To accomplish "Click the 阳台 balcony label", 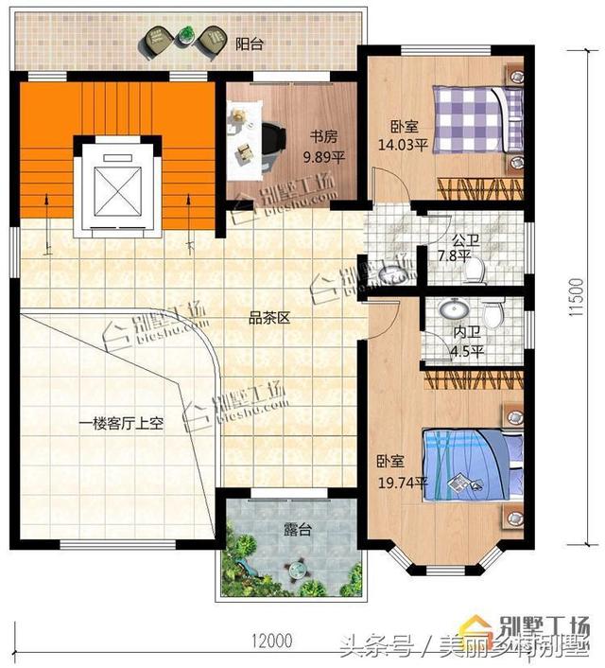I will click(x=249, y=43).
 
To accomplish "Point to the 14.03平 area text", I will click(x=403, y=145).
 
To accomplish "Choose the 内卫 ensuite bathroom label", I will click(x=465, y=333).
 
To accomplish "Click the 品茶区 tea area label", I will click(x=269, y=318).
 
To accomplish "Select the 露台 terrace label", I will click(x=297, y=531).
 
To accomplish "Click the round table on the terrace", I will click(x=298, y=570).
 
